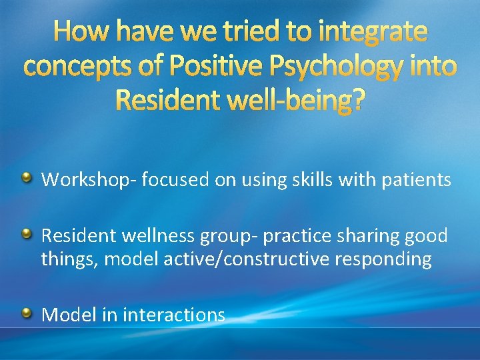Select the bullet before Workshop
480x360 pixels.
(27, 178)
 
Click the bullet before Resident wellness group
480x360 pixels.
(27, 234)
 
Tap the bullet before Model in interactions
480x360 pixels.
(27, 313)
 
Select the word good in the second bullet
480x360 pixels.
(426, 236)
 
